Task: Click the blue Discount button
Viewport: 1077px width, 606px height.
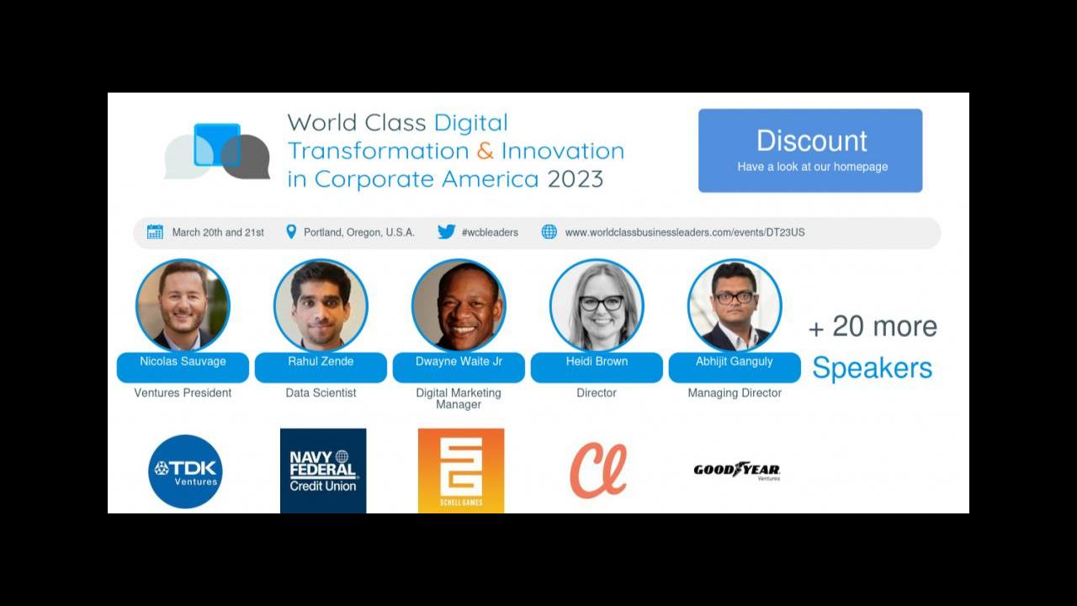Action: pyautogui.click(x=810, y=151)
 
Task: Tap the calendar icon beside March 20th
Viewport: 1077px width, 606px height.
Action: pyautogui.click(x=155, y=231)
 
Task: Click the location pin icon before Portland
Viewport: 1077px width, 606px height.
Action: pyautogui.click(x=291, y=231)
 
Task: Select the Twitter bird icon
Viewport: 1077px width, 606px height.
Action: pyautogui.click(x=447, y=231)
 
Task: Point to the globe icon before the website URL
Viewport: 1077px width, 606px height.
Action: pyautogui.click(x=549, y=231)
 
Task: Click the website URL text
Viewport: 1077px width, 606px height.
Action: pyautogui.click(x=685, y=232)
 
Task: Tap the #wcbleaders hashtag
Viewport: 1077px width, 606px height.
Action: pyautogui.click(x=490, y=232)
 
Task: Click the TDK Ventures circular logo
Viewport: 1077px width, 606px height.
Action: pyautogui.click(x=186, y=471)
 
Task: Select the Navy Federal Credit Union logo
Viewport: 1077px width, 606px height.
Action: pyautogui.click(x=323, y=470)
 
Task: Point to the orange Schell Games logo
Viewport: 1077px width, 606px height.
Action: pyautogui.click(x=461, y=470)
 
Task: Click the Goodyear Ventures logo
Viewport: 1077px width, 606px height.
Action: pyautogui.click(x=736, y=470)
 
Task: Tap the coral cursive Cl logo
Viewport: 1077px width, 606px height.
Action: pyautogui.click(x=598, y=470)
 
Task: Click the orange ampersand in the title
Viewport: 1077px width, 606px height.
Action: pyautogui.click(x=485, y=151)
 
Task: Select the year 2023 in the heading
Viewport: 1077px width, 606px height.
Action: pyautogui.click(x=575, y=179)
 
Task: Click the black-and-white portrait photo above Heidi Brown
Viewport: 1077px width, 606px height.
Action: pyautogui.click(x=597, y=306)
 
